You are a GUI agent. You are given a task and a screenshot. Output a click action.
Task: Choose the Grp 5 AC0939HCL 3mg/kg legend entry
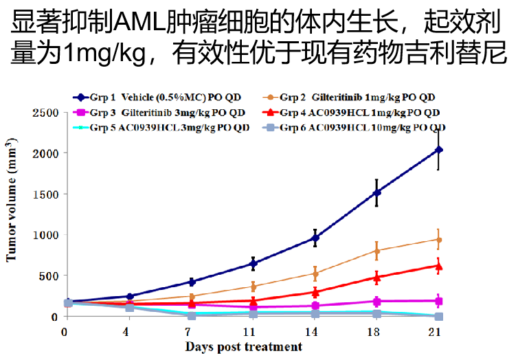161,128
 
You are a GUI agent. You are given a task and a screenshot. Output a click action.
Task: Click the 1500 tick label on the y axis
43,194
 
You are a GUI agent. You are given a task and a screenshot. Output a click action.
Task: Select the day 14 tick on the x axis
315,331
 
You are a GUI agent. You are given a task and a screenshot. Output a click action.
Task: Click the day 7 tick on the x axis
192,331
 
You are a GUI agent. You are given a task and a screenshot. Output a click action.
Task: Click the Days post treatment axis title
243,346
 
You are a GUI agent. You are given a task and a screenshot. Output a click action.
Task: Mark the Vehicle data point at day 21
438,149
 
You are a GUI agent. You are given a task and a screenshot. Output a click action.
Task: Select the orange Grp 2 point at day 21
438,240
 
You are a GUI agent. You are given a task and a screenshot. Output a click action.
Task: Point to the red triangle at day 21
438,265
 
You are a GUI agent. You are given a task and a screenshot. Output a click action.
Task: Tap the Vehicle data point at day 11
254,264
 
